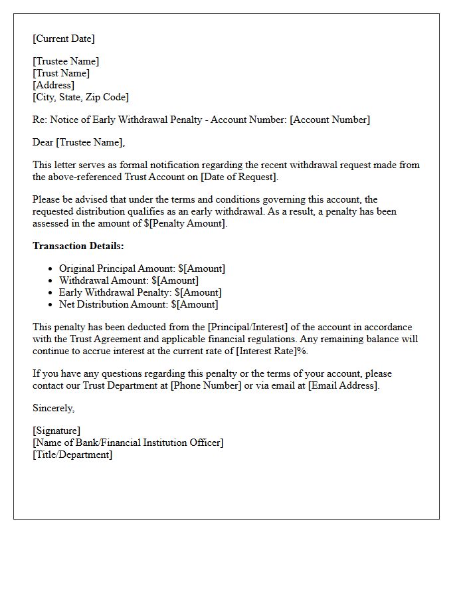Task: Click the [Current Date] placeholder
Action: (64, 39)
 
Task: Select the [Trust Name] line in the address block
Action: (61, 73)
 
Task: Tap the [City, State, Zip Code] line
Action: (80, 97)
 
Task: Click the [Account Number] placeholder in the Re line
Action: (330, 120)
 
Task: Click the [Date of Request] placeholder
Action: (238, 177)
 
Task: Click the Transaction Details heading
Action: (78, 246)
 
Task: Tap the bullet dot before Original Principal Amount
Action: (50, 269)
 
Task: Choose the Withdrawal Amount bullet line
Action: (129, 280)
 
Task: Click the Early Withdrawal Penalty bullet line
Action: (140, 292)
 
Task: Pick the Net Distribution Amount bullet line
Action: (138, 304)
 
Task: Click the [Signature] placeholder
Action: (56, 431)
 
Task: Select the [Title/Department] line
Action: (72, 454)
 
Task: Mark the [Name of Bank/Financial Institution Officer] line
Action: (128, 443)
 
